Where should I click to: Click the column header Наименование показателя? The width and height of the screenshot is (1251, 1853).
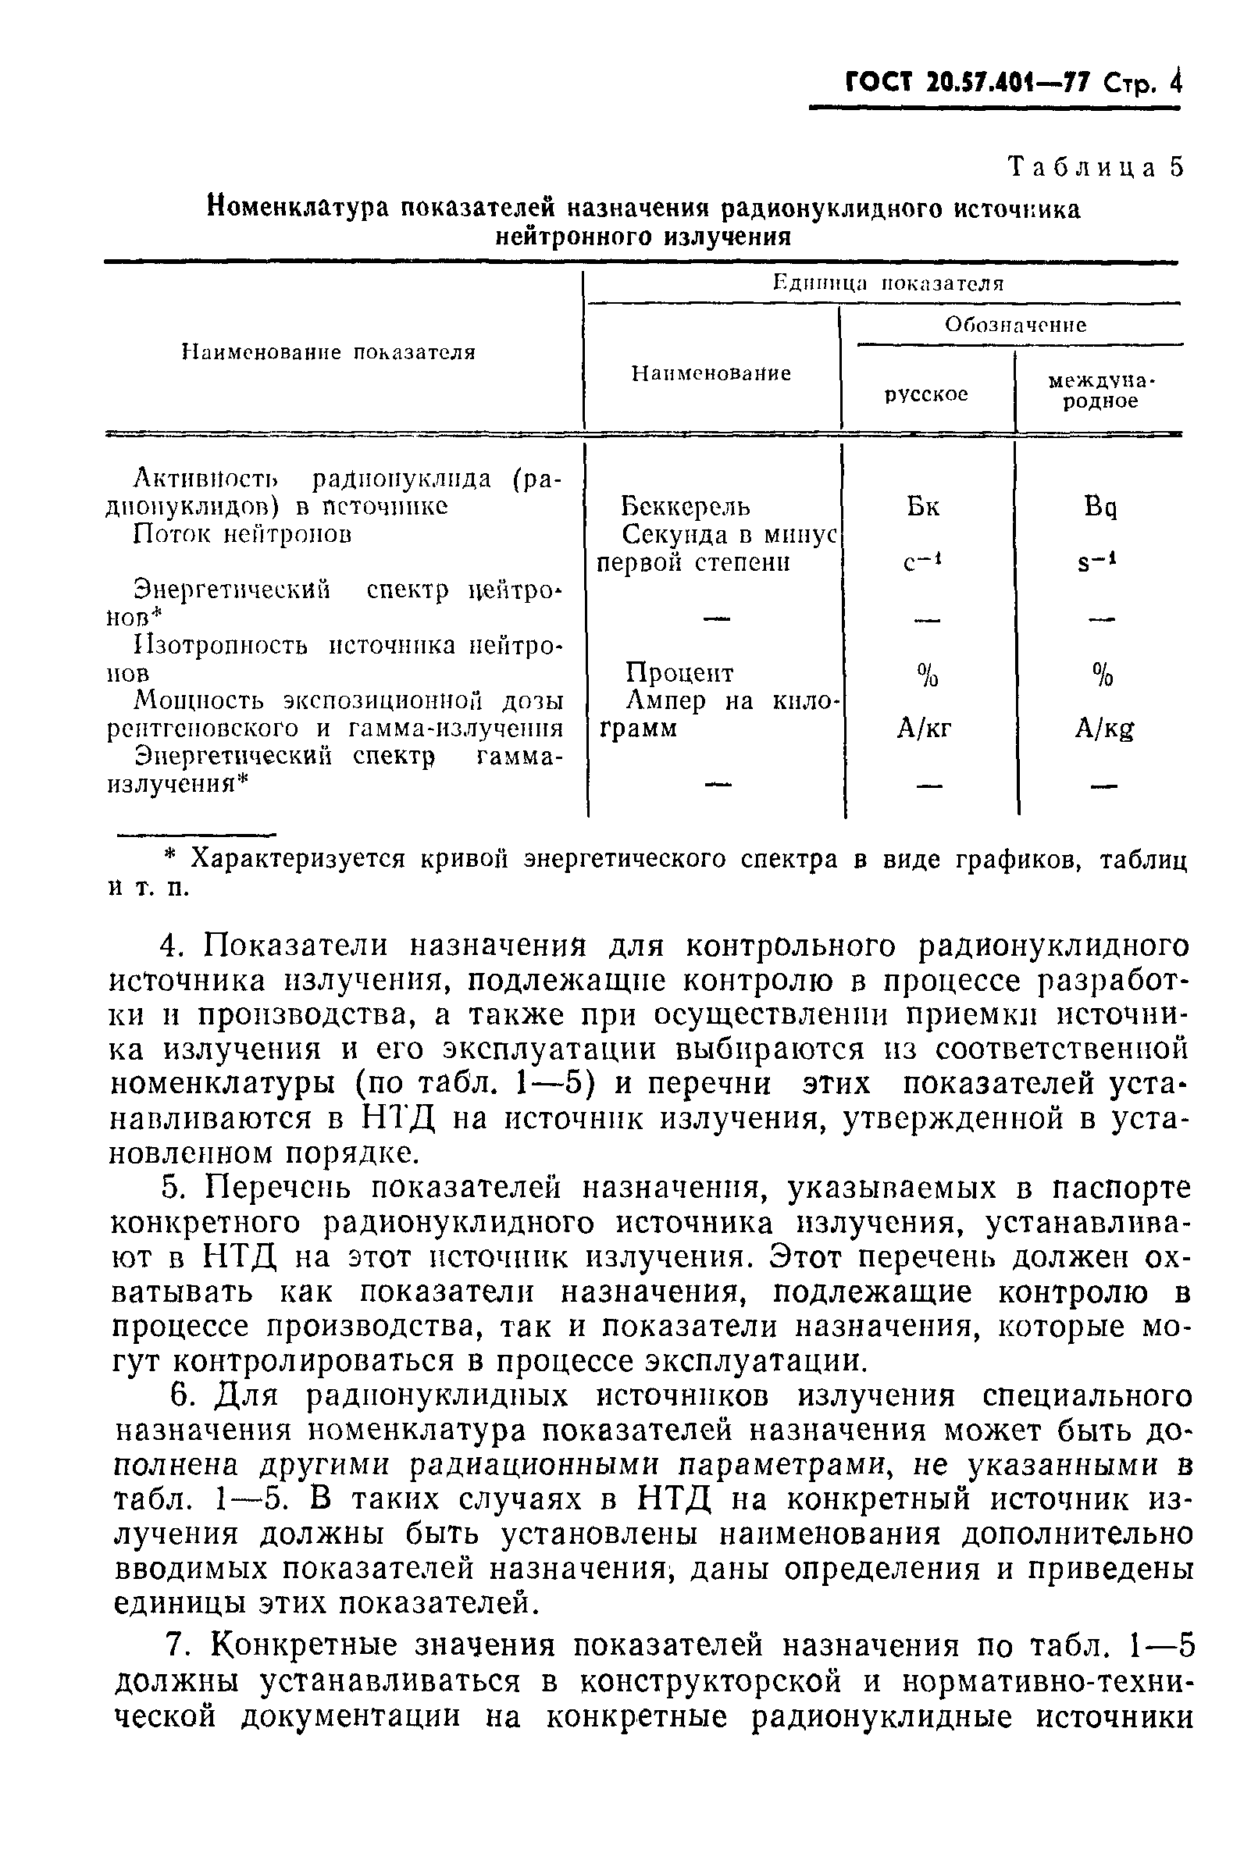(x=329, y=352)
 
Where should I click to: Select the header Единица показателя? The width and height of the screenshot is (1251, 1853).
(x=888, y=284)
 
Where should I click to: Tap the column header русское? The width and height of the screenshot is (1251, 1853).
(x=926, y=394)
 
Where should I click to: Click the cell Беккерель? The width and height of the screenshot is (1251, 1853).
(x=685, y=507)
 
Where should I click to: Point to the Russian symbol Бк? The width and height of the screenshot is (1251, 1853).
(x=922, y=507)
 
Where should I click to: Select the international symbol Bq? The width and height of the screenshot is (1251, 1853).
(x=1100, y=508)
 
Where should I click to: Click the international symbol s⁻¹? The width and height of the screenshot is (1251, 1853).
(x=1096, y=563)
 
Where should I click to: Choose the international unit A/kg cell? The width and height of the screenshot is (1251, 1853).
(x=1103, y=729)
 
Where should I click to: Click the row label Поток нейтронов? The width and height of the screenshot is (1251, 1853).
(x=242, y=533)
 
